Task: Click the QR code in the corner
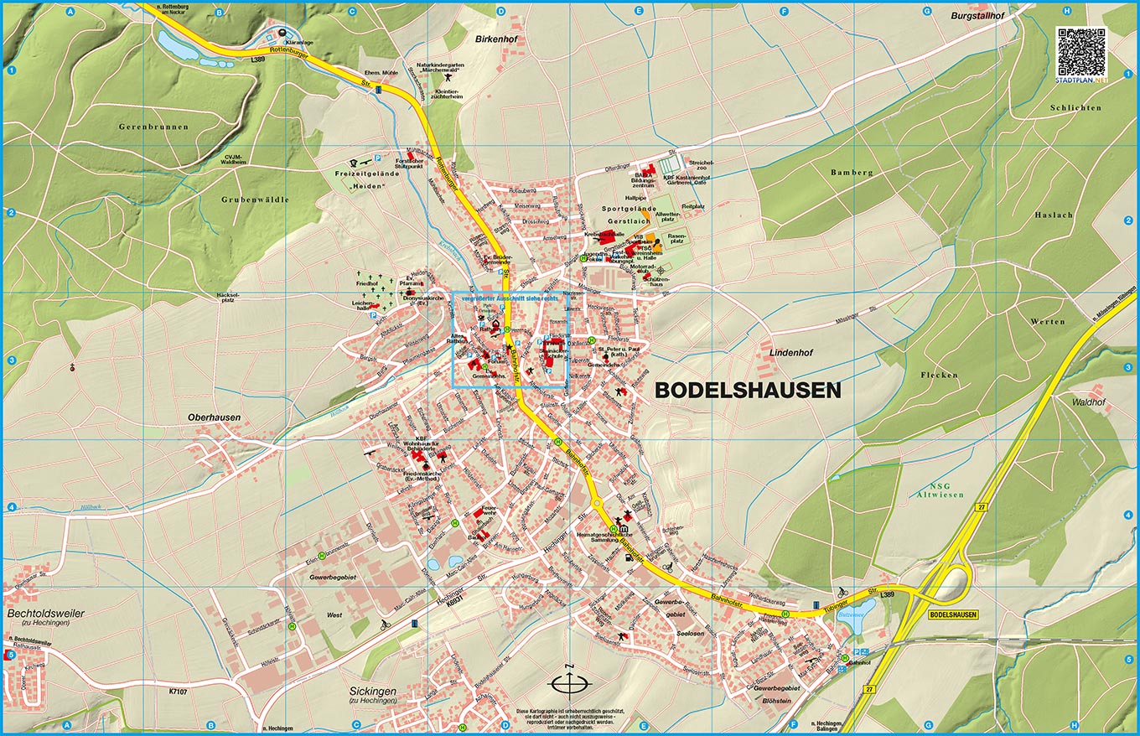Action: [1082, 49]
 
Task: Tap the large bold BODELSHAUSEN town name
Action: [747, 391]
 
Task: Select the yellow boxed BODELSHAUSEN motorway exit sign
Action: [953, 614]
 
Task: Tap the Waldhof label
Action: [1089, 402]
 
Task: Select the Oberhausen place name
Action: [214, 417]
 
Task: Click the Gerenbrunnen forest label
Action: [153, 127]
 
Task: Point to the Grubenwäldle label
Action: [255, 200]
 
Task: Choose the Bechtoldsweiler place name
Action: [46, 614]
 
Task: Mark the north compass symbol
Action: [568, 683]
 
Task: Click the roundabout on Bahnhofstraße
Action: [597, 504]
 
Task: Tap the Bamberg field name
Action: [852, 173]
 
